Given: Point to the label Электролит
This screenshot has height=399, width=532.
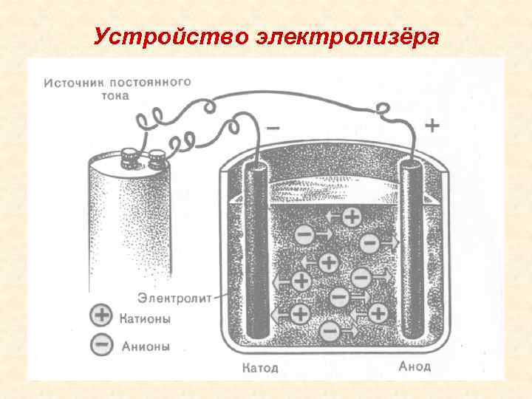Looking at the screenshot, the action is point(174,298).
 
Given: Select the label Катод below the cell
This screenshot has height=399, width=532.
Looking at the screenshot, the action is point(260,367).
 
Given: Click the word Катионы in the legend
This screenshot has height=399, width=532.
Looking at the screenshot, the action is point(145,319).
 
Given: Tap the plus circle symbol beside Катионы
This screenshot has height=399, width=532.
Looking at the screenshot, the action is point(101,318).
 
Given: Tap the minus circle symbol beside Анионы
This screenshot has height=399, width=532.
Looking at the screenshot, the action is point(101,344).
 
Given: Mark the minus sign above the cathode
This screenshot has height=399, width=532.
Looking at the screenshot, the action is point(273,127).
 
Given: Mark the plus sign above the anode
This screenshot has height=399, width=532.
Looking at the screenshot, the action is point(431,126).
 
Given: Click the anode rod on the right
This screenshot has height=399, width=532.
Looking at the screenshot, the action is point(411,251).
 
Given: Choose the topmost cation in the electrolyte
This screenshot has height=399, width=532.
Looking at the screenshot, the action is point(352,217).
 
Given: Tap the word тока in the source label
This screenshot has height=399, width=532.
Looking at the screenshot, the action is point(115,95).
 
